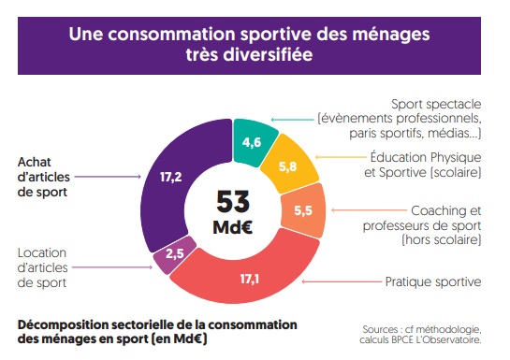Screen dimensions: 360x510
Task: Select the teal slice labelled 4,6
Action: click(x=251, y=141)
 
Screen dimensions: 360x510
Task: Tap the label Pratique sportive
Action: click(x=433, y=281)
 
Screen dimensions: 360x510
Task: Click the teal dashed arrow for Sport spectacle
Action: click(x=291, y=119)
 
